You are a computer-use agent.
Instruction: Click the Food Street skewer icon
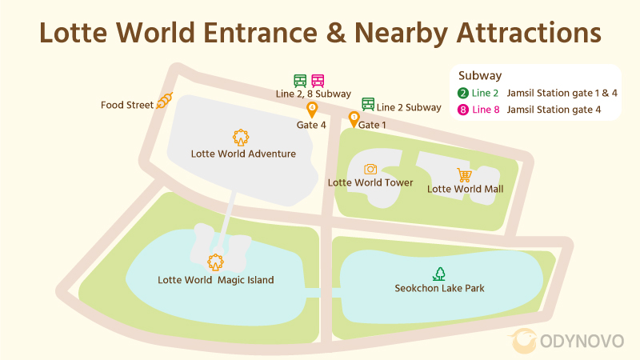point(165,101)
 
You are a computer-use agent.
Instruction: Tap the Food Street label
point(127,106)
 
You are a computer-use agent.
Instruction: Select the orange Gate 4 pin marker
point(312,110)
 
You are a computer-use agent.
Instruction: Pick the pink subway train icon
point(318,80)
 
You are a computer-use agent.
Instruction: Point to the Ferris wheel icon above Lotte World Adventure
point(240,137)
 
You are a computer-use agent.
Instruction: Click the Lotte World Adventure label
point(243,154)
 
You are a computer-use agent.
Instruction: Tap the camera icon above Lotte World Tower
point(370,169)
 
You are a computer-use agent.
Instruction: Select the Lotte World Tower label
point(370,182)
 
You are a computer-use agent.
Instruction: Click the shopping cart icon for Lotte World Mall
point(464,174)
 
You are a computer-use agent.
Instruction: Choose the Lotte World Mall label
point(466,189)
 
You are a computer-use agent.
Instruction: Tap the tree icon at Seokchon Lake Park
point(439,274)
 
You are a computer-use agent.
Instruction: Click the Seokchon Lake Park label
point(440,288)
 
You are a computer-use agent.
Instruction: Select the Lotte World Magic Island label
point(216,280)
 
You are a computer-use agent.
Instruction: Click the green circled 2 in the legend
point(462,93)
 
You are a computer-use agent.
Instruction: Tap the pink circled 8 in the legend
point(462,110)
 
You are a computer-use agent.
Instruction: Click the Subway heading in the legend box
point(480,76)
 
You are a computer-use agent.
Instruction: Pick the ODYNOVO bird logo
point(526,341)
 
